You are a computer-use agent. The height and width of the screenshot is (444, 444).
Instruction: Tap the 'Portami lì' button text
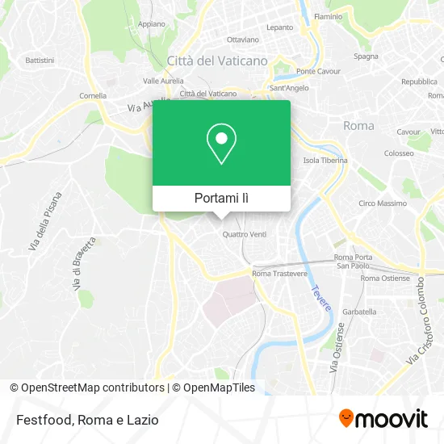(221, 198)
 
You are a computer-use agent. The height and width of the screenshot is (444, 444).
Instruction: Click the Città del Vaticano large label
(216, 60)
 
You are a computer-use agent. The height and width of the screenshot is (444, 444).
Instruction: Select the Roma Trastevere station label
(279, 274)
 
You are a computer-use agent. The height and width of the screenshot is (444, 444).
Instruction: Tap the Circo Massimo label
(383, 203)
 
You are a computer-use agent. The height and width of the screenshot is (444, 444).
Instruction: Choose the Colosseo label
(399, 153)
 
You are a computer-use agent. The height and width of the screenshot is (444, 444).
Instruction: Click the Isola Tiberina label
(325, 160)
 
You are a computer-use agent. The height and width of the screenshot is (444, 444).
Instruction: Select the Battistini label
(40, 60)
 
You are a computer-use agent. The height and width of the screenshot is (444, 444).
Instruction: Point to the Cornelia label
(93, 95)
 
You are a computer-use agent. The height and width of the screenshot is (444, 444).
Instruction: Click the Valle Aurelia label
(163, 81)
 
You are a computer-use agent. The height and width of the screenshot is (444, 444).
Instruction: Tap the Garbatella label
(359, 311)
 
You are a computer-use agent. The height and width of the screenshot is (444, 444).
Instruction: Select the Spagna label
(366, 57)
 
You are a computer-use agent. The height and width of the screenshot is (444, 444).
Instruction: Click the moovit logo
(383, 419)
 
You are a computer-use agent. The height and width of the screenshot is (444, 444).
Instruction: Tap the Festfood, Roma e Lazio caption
(86, 420)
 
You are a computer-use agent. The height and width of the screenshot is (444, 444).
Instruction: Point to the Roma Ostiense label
(385, 279)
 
